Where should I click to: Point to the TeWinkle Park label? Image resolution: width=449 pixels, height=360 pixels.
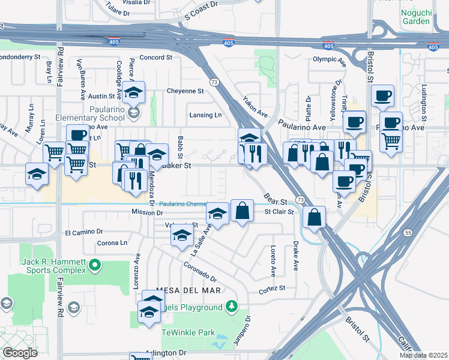coord(188,332)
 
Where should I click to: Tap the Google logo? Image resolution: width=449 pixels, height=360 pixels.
coord(20,353)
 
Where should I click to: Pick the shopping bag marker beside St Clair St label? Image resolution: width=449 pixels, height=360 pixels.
coord(241,212)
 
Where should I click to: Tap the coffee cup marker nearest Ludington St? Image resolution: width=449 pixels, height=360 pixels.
coord(382,96)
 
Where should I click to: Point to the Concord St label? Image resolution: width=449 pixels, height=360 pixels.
coord(156,58)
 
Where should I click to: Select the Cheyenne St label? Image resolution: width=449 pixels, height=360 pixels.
coord(185,91)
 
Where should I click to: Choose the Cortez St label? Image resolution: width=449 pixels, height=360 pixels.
coord(271,289)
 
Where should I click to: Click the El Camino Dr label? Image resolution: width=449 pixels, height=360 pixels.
coord(84,232)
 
